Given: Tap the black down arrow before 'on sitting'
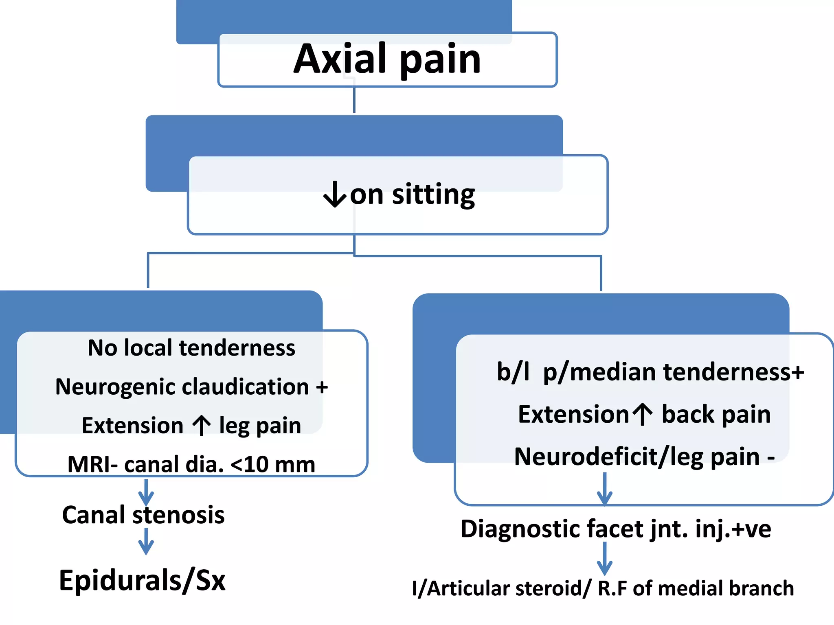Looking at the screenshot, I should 335,194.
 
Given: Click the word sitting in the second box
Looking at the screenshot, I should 433,194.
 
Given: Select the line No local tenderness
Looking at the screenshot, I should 191,348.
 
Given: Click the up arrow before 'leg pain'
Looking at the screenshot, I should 202,425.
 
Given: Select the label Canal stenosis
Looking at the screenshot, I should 143,515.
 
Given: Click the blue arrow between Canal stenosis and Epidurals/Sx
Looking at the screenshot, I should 146,542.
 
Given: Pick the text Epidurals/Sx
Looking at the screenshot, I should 142,580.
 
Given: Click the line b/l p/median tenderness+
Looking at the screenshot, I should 650,372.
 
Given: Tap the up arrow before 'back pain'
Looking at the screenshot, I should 643,414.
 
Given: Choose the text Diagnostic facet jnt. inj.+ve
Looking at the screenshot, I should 616,529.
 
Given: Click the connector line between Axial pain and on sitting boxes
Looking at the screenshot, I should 354,100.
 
